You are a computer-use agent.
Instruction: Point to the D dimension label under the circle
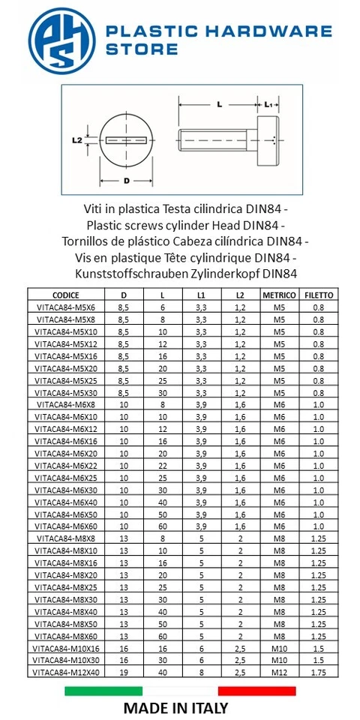(127, 181)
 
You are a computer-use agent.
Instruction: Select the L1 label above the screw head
(270, 106)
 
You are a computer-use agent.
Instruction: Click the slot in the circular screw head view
(127, 139)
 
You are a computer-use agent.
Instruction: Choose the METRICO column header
(279, 295)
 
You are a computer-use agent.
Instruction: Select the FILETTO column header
(319, 295)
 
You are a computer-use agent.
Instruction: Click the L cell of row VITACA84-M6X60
(163, 526)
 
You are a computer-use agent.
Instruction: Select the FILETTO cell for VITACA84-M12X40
(319, 673)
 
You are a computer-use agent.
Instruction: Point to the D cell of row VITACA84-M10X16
(123, 649)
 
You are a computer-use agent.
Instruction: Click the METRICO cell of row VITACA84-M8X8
(279, 538)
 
